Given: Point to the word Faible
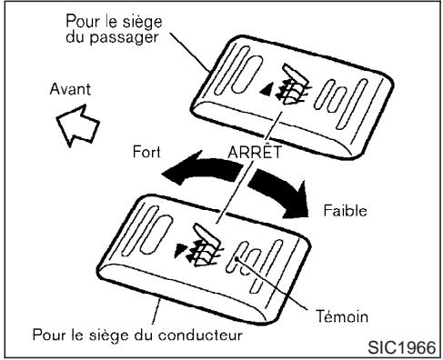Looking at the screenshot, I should pos(345,209).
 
